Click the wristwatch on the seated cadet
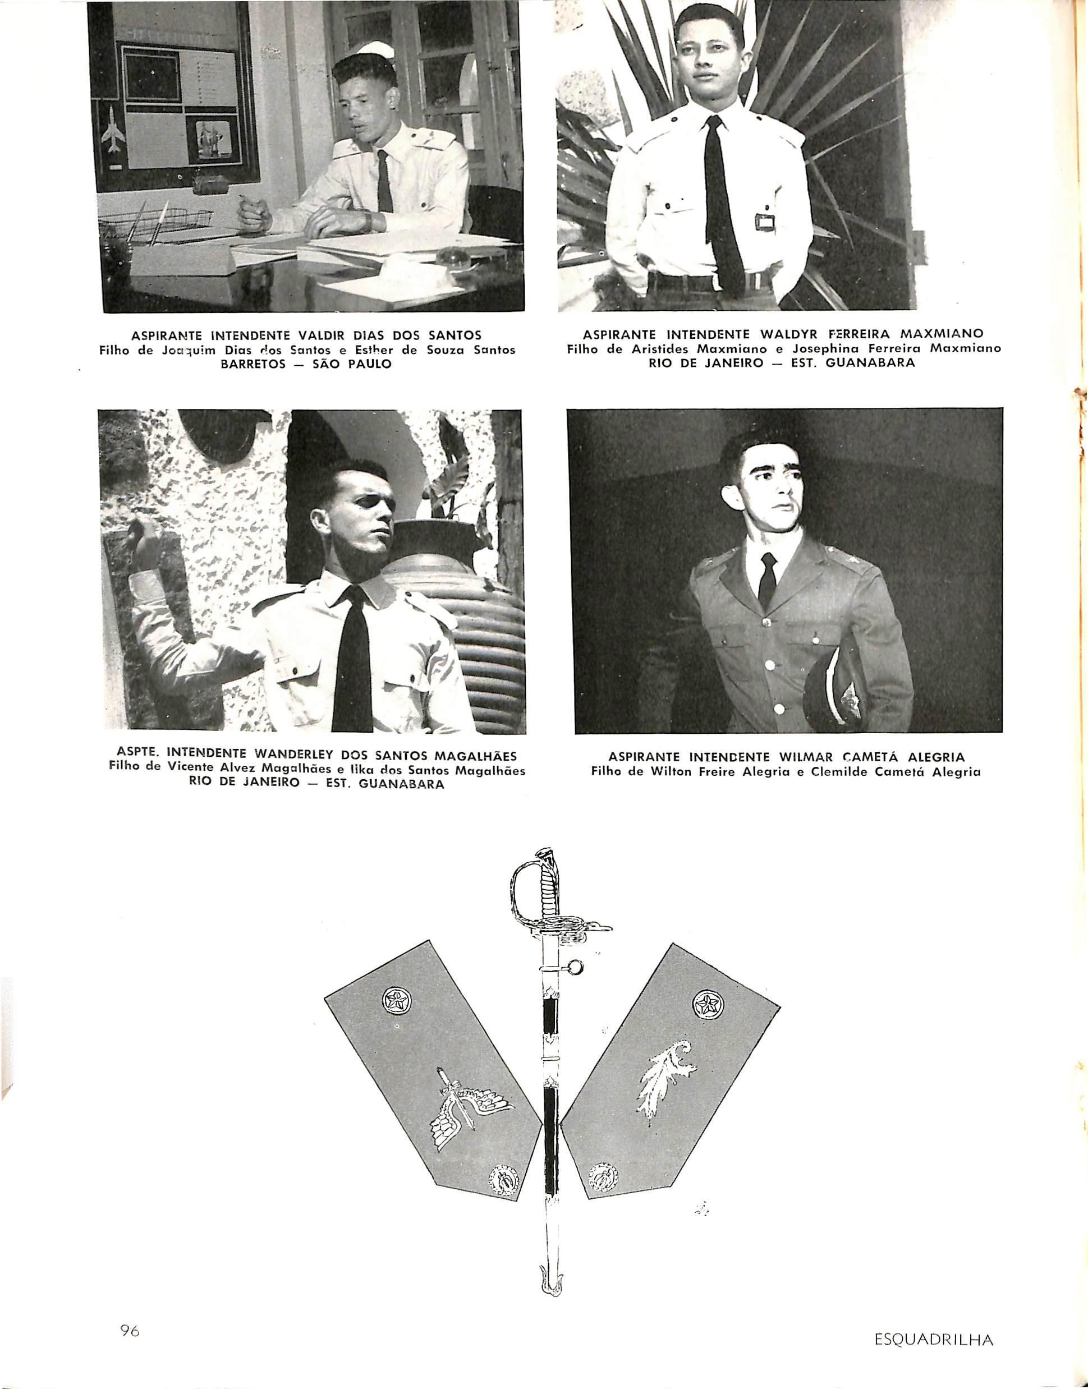pos(368,221)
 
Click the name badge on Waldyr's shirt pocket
pos(765,222)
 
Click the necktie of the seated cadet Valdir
pos(384,182)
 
